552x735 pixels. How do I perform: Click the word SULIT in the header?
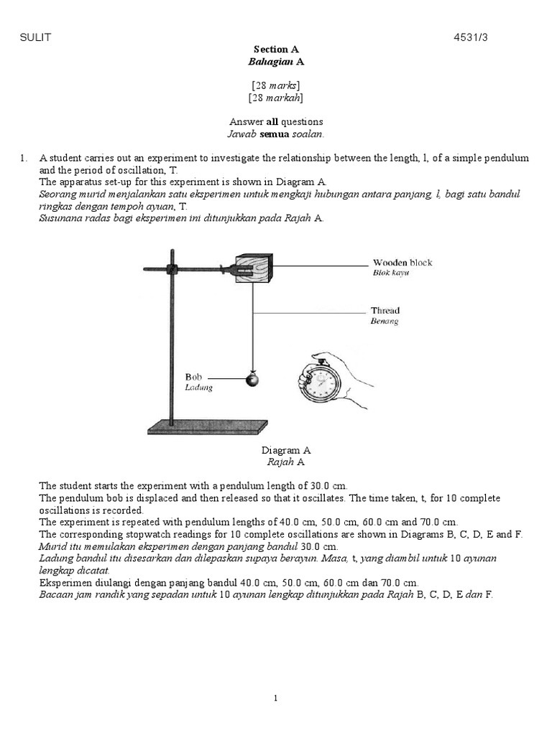pos(35,37)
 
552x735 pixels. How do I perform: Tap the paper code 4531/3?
pos(470,37)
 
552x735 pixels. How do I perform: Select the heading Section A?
pos(276,50)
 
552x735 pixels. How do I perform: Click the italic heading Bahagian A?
pos(276,62)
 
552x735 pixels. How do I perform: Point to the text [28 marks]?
pos(276,85)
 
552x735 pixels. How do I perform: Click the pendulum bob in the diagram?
pos(252,379)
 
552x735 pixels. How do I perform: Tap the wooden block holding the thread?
pos(254,268)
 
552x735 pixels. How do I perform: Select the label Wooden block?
pos(402,263)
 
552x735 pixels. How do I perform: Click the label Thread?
pos(385,310)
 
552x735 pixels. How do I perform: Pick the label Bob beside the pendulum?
pos(193,377)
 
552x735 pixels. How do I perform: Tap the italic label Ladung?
pos(198,388)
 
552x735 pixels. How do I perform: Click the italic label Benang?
pos(385,321)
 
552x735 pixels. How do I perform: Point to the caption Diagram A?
pos(286,451)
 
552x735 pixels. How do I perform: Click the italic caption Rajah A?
pos(286,462)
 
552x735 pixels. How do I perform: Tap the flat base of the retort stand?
pos(208,427)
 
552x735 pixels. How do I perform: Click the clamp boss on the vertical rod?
pos(172,270)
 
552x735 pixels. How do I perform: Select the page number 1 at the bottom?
pos(275,698)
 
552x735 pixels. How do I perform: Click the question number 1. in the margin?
pos(24,159)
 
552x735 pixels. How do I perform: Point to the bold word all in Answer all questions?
pos(272,122)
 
